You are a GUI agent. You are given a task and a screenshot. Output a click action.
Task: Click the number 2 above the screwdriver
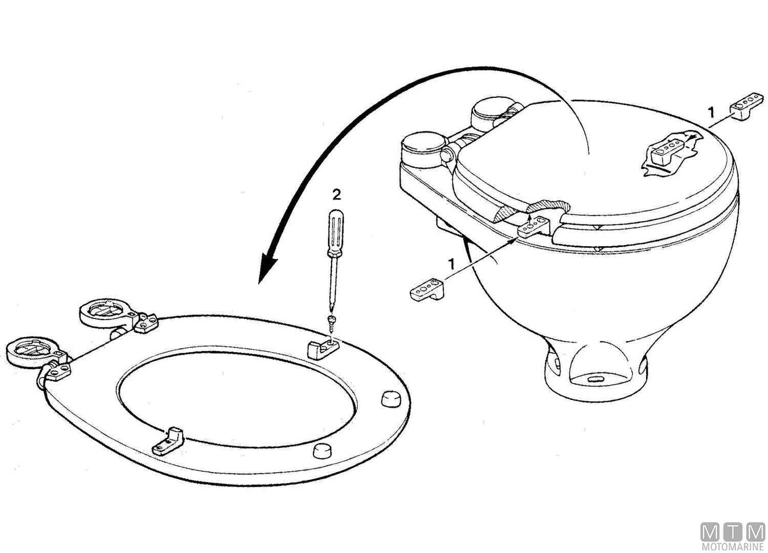tap(336, 194)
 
